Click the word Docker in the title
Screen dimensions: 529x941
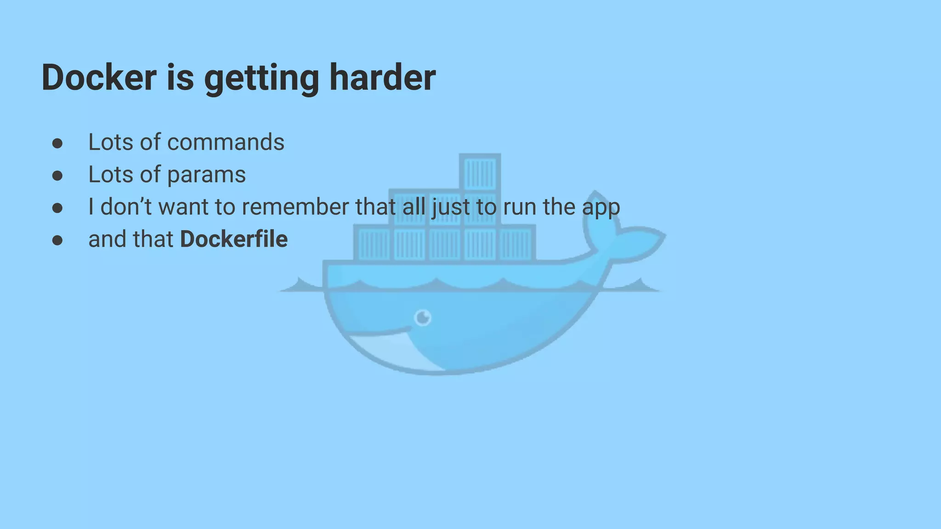tap(99, 77)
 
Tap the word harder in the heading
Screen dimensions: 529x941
tap(382, 77)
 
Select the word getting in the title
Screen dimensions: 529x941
tap(261, 79)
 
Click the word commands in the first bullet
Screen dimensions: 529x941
tap(226, 142)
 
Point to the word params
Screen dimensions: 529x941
tap(206, 175)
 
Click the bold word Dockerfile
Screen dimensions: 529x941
tap(234, 239)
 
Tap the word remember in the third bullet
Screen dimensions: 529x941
tap(295, 207)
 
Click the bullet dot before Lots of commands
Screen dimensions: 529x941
tap(57, 143)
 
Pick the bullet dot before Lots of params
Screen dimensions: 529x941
tap(57, 176)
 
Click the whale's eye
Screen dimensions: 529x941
tap(423, 317)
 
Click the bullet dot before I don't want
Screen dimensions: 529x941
tap(57, 208)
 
